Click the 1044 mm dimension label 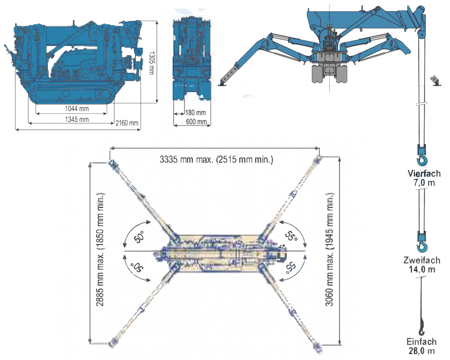click(77, 108)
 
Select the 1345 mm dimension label click(77, 119)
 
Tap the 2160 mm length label click(127, 123)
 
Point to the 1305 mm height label click(152, 63)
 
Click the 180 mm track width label click(195, 112)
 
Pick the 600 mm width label click(196, 121)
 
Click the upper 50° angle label click(139, 237)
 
